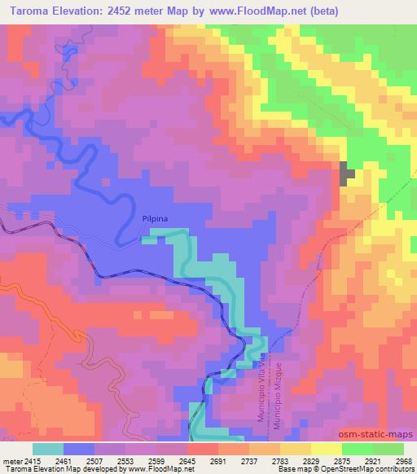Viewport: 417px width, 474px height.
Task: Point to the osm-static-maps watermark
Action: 381,436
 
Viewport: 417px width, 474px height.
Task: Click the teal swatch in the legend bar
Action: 48,449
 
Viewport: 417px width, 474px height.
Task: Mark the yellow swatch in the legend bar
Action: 327,449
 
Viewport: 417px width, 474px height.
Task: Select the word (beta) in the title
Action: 321,12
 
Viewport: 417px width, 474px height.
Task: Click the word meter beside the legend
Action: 11,461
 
